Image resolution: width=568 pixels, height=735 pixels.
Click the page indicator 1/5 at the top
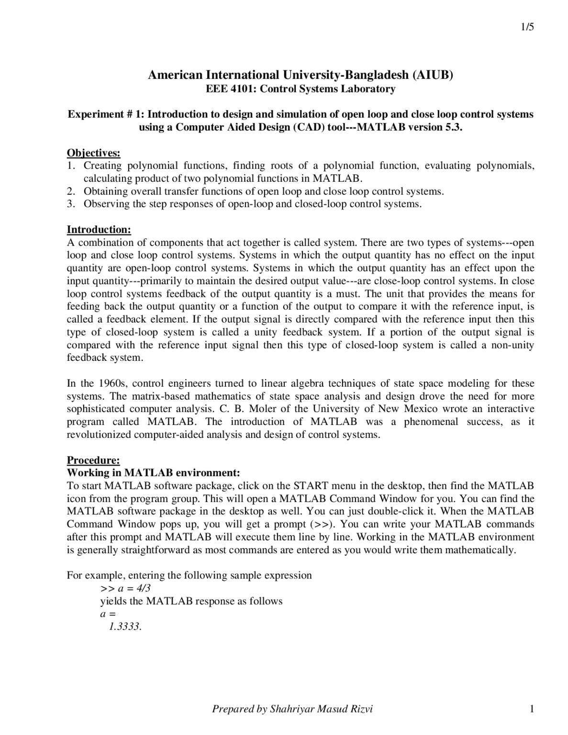[x=527, y=27]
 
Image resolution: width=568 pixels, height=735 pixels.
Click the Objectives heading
[x=93, y=153]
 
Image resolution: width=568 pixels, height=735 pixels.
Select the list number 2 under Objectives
[x=70, y=191]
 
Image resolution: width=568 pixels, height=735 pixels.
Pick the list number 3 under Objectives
[x=70, y=204]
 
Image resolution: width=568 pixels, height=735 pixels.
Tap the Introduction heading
[x=99, y=230]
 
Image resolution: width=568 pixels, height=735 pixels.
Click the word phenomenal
[x=431, y=422]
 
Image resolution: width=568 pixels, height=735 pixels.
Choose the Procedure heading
[x=93, y=460]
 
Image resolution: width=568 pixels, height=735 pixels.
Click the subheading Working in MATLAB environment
[x=153, y=473]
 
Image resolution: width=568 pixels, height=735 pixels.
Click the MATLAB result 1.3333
[x=125, y=627]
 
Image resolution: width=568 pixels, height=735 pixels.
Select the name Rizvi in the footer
[x=361, y=709]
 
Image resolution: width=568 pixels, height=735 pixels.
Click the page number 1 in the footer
[x=531, y=709]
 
